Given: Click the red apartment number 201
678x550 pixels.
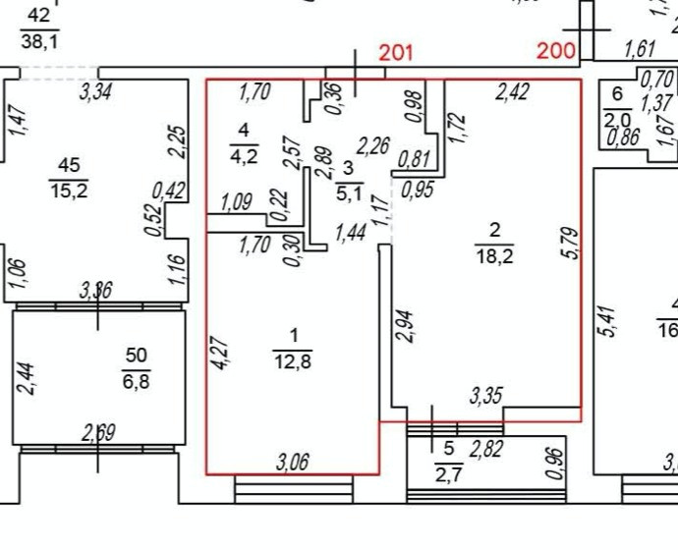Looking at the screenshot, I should [396, 52].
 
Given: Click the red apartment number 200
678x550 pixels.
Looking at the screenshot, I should [557, 52].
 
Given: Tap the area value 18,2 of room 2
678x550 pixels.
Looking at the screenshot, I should [495, 258].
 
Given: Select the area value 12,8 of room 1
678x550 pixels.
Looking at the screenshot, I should [291, 360].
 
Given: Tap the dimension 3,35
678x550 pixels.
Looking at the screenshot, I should [488, 396].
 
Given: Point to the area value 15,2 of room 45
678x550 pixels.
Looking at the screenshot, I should [70, 191].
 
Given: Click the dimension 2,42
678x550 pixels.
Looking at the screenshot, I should [512, 93].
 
